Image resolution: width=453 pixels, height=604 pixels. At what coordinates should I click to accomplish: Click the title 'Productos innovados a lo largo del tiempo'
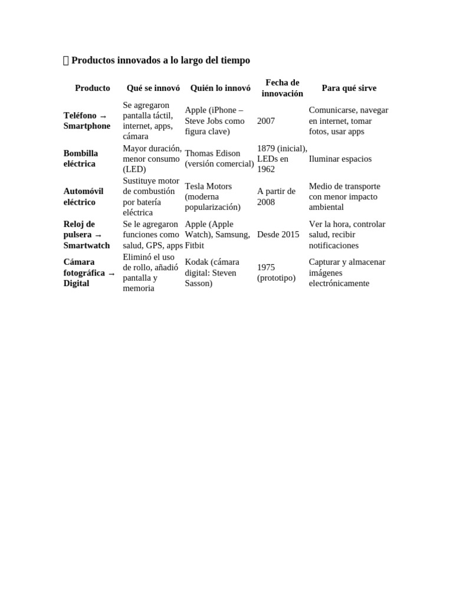(160, 60)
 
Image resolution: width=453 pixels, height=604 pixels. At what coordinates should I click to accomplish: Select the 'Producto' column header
(92, 88)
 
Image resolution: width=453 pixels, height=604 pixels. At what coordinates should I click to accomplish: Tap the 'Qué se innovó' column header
(153, 88)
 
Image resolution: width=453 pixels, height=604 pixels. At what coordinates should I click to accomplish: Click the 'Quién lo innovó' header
(220, 88)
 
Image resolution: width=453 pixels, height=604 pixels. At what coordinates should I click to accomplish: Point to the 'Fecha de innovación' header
(282, 88)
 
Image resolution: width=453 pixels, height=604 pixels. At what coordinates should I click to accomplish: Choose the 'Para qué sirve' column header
(349, 88)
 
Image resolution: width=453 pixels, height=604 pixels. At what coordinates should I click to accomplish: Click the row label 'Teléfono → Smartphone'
(87, 121)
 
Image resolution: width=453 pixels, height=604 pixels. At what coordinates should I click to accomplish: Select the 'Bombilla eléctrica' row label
(81, 159)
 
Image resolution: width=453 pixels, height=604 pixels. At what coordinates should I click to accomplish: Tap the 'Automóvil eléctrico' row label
(83, 196)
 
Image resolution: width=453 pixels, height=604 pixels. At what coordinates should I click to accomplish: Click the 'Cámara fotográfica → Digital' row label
(89, 273)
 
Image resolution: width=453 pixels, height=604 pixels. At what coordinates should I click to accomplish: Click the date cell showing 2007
(266, 121)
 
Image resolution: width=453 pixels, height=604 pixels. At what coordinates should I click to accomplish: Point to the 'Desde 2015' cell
(278, 235)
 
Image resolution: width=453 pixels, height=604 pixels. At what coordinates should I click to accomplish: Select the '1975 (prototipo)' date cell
(276, 273)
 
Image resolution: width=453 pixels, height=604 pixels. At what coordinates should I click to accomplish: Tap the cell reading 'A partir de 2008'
(276, 196)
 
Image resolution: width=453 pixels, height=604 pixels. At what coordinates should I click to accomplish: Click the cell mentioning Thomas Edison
(219, 159)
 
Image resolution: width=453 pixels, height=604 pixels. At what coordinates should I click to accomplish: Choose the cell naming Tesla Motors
(212, 196)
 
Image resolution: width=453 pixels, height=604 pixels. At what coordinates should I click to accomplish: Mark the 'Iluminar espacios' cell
(340, 159)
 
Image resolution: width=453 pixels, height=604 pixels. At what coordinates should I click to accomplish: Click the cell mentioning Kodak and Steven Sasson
(212, 273)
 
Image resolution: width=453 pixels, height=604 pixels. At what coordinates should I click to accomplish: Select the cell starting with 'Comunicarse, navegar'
(348, 121)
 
